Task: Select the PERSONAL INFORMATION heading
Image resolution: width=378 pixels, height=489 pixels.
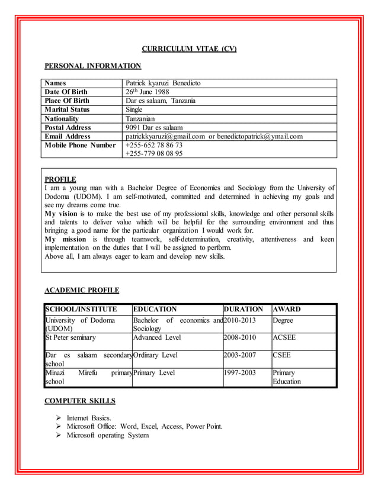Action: click(93, 66)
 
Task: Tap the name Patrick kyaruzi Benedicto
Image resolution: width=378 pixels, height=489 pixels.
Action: click(163, 83)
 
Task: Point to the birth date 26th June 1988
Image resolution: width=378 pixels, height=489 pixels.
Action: click(146, 92)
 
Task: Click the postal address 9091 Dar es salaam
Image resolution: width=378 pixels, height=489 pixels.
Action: click(155, 127)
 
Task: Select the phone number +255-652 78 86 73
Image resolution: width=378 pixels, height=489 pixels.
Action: click(154, 144)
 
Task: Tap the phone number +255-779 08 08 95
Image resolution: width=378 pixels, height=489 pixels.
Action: click(154, 153)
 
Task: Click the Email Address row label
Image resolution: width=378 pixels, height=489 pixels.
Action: click(68, 136)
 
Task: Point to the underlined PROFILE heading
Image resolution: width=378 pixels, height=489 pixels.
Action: click(60, 179)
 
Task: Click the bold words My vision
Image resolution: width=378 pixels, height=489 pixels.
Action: click(62, 213)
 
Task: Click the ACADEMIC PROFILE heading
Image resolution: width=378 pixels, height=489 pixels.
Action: click(82, 290)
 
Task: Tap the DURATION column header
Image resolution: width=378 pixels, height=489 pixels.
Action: click(243, 309)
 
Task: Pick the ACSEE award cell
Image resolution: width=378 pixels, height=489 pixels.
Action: click(284, 337)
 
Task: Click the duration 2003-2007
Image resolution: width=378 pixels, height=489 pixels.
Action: click(241, 355)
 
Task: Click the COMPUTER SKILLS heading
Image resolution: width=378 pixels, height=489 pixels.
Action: click(80, 401)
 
